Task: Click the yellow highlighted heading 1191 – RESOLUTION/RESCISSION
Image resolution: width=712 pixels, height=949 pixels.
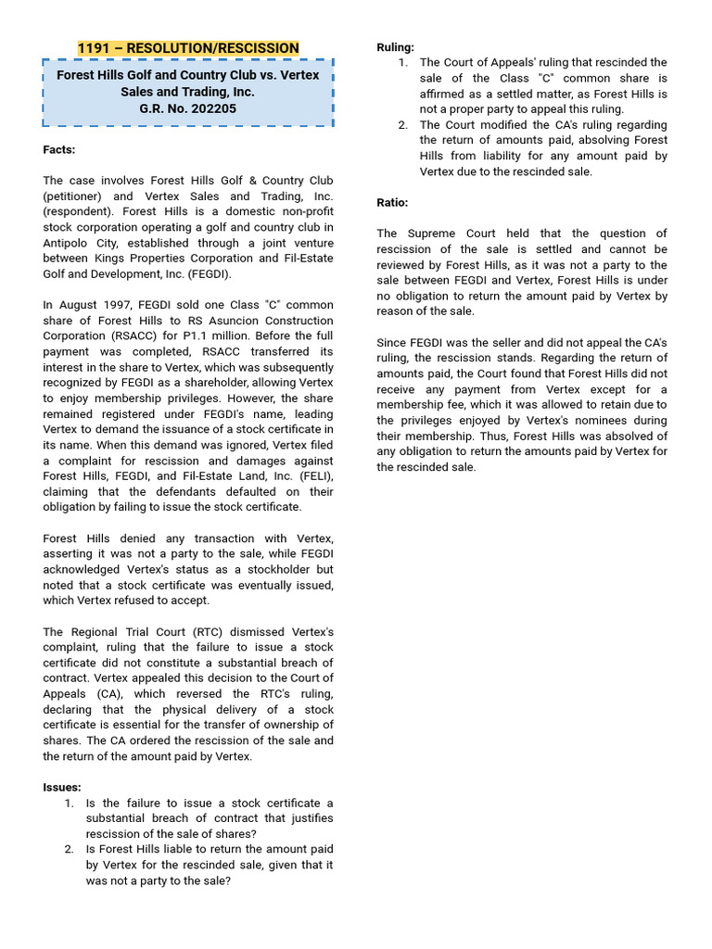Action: pyautogui.click(x=188, y=48)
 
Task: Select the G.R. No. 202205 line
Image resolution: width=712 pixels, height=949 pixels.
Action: pyautogui.click(x=188, y=108)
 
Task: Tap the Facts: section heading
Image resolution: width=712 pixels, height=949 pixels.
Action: pyautogui.click(x=59, y=149)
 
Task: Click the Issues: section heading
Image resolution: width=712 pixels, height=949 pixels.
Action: pyautogui.click(x=62, y=787)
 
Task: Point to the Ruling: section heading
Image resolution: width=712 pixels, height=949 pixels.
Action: pyautogui.click(x=395, y=47)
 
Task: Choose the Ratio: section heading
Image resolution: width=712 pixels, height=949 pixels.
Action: pyautogui.click(x=392, y=202)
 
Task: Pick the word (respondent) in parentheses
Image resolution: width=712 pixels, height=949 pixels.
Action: pyautogui.click(x=79, y=211)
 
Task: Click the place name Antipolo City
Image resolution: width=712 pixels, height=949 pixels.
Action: pyautogui.click(x=85, y=243)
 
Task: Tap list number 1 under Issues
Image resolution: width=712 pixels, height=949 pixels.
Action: pyautogui.click(x=70, y=803)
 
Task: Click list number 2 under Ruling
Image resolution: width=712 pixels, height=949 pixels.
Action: pyautogui.click(x=403, y=124)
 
